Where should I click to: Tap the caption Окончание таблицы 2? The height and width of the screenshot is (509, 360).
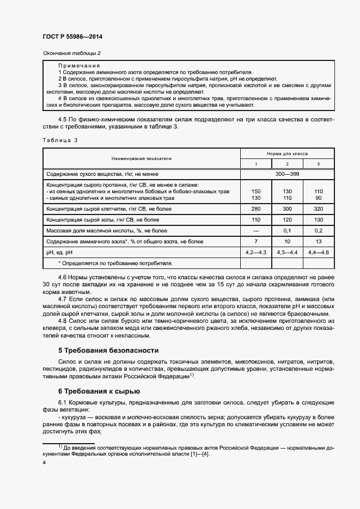71,53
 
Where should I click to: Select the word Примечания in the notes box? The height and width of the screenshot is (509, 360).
78,65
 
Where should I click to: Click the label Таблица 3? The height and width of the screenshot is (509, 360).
60,140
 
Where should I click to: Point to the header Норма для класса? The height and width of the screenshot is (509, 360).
287,154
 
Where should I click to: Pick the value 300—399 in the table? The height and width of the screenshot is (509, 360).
287,174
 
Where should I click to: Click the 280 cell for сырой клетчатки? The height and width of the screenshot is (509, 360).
257,208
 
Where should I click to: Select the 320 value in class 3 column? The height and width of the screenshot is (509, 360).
319,208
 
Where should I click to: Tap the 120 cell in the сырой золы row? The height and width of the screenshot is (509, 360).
288,219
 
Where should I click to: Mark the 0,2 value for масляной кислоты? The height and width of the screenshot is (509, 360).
319,230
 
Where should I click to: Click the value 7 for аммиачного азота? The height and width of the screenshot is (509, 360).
257,241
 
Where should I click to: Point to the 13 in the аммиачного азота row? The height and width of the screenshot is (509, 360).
319,241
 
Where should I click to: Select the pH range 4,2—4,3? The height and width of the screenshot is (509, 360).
257,253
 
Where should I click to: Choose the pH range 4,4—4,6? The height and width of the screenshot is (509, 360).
319,253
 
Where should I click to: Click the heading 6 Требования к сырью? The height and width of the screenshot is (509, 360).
99,391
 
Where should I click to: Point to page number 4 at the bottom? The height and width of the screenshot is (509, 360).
44,462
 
